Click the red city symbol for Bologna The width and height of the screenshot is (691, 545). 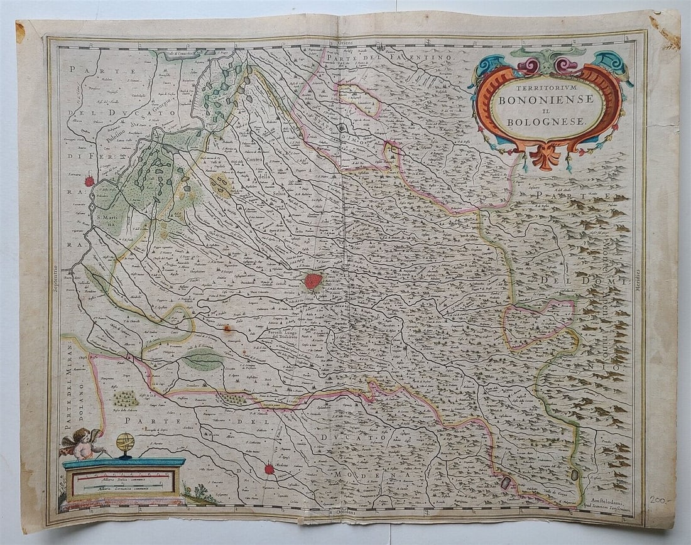pyautogui.click(x=313, y=281)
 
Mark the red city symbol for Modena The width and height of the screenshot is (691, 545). pyautogui.click(x=269, y=468)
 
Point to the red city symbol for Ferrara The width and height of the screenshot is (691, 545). pyautogui.click(x=89, y=181)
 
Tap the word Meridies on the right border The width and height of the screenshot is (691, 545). pyautogui.click(x=638, y=280)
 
